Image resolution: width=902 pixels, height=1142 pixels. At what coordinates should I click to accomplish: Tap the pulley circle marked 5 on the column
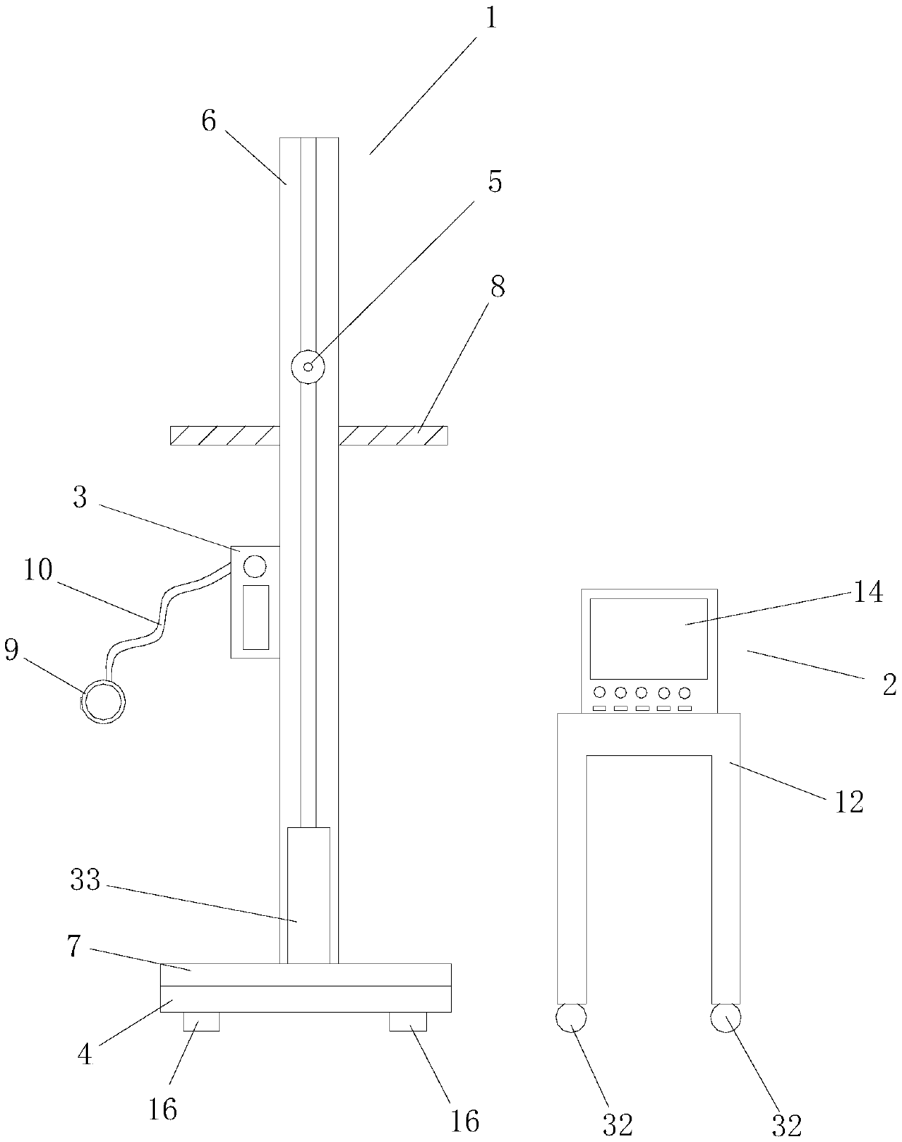[x=308, y=366]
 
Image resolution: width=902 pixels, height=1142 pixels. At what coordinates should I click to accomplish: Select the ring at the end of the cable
[x=103, y=702]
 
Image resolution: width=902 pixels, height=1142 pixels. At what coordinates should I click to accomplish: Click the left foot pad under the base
[x=201, y=1021]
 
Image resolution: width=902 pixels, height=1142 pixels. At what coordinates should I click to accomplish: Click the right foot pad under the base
[x=407, y=1021]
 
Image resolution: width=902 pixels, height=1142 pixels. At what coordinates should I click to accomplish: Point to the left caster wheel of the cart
[x=571, y=1018]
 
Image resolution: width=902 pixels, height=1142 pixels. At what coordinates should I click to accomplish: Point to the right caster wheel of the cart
[x=725, y=1018]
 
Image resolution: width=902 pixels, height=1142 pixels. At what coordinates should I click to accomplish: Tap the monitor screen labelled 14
[x=648, y=638]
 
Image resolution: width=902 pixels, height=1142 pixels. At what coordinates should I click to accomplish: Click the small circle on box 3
[x=255, y=565]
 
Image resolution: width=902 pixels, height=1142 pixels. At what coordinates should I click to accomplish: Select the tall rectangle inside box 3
[x=255, y=616]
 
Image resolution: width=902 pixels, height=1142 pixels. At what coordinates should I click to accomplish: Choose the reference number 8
[x=498, y=288]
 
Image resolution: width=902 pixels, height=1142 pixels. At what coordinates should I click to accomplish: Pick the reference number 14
[x=868, y=592]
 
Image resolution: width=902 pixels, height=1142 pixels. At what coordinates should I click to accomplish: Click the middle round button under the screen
[x=642, y=692]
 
